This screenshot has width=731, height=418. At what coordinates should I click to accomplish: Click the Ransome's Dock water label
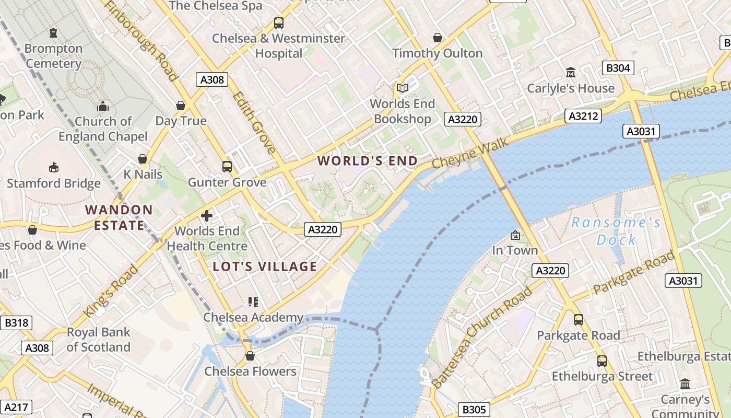[616, 231]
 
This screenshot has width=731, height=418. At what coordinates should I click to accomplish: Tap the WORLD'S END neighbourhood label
[368, 161]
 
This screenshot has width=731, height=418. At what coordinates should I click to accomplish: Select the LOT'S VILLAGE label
[265, 266]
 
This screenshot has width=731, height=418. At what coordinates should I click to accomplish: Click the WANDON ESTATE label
[119, 217]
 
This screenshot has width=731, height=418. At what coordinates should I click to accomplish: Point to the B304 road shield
[618, 68]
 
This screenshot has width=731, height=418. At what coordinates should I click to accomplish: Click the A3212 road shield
[583, 116]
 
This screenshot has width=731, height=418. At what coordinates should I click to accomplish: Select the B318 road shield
[16, 323]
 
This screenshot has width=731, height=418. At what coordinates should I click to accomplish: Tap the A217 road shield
[16, 407]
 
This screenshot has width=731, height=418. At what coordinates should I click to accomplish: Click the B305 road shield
[474, 410]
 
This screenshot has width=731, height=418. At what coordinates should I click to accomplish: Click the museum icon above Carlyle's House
[570, 72]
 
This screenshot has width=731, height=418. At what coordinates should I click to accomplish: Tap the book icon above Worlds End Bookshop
[402, 88]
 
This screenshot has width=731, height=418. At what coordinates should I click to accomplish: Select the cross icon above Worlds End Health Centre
[207, 215]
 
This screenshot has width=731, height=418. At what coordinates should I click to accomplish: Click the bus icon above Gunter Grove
[227, 167]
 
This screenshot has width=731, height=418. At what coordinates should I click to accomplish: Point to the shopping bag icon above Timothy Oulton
[438, 38]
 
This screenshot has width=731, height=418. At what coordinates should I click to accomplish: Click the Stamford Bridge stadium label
[54, 183]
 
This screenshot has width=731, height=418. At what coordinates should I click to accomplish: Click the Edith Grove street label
[254, 123]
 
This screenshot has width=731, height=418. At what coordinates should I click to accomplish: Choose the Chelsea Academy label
[253, 317]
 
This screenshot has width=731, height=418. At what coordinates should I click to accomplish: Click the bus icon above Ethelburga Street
[602, 361]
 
